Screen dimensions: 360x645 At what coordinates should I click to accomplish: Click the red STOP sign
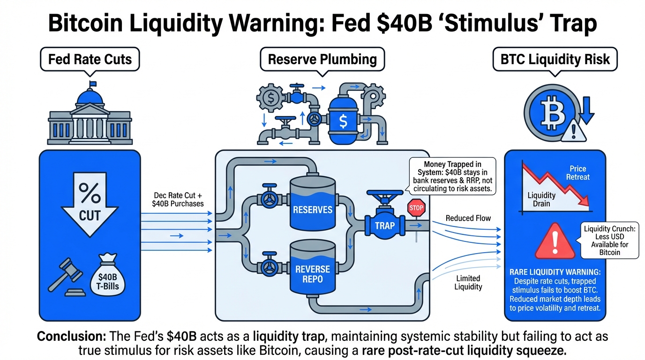[x=416, y=208]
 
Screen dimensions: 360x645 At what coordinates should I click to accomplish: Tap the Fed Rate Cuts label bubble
[x=90, y=60]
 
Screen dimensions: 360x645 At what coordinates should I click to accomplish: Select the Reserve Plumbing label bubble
[x=322, y=60]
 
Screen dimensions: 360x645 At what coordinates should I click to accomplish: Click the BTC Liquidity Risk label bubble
[x=555, y=60]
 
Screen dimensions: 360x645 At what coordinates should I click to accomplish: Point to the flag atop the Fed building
[x=92, y=84]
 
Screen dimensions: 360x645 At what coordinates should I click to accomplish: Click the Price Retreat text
[x=577, y=173]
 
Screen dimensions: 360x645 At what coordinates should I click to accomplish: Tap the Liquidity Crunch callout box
[x=609, y=240]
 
